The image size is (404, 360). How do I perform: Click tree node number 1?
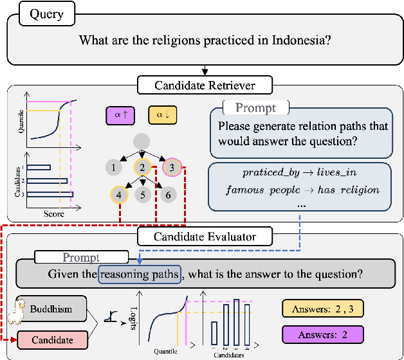pyautogui.click(x=113, y=168)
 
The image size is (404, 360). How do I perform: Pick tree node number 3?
pyautogui.click(x=172, y=168)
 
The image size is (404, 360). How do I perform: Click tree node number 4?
pyautogui.click(x=119, y=195)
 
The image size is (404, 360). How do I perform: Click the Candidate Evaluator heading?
pyautogui.click(x=205, y=237)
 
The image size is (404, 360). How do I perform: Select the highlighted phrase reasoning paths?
pyautogui.click(x=140, y=273)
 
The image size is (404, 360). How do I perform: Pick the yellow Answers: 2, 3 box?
pyautogui.click(x=322, y=309)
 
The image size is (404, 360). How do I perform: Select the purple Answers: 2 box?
pyautogui.click(x=322, y=334)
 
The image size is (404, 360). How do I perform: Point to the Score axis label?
pyautogui.click(x=53, y=213)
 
